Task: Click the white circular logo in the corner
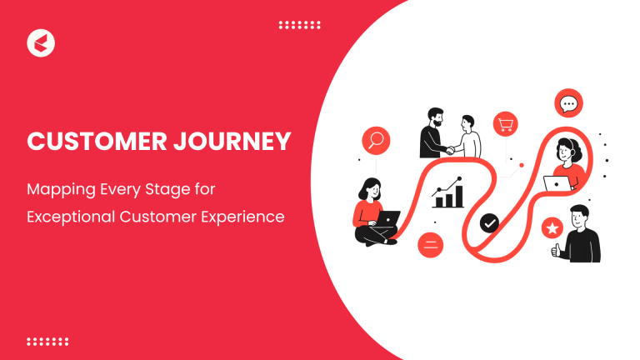coord(41,42)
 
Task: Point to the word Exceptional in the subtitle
coord(71,217)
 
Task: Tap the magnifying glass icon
coord(375,140)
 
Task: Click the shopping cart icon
coord(506,125)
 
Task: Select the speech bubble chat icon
coord(568,104)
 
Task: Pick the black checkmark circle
coord(490,222)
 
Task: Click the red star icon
coord(552,227)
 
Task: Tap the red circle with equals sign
coord(431,244)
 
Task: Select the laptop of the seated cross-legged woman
coord(386,220)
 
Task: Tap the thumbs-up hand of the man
coord(555,249)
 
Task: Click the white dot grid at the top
coord(299,25)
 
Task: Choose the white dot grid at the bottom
coord(47,341)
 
